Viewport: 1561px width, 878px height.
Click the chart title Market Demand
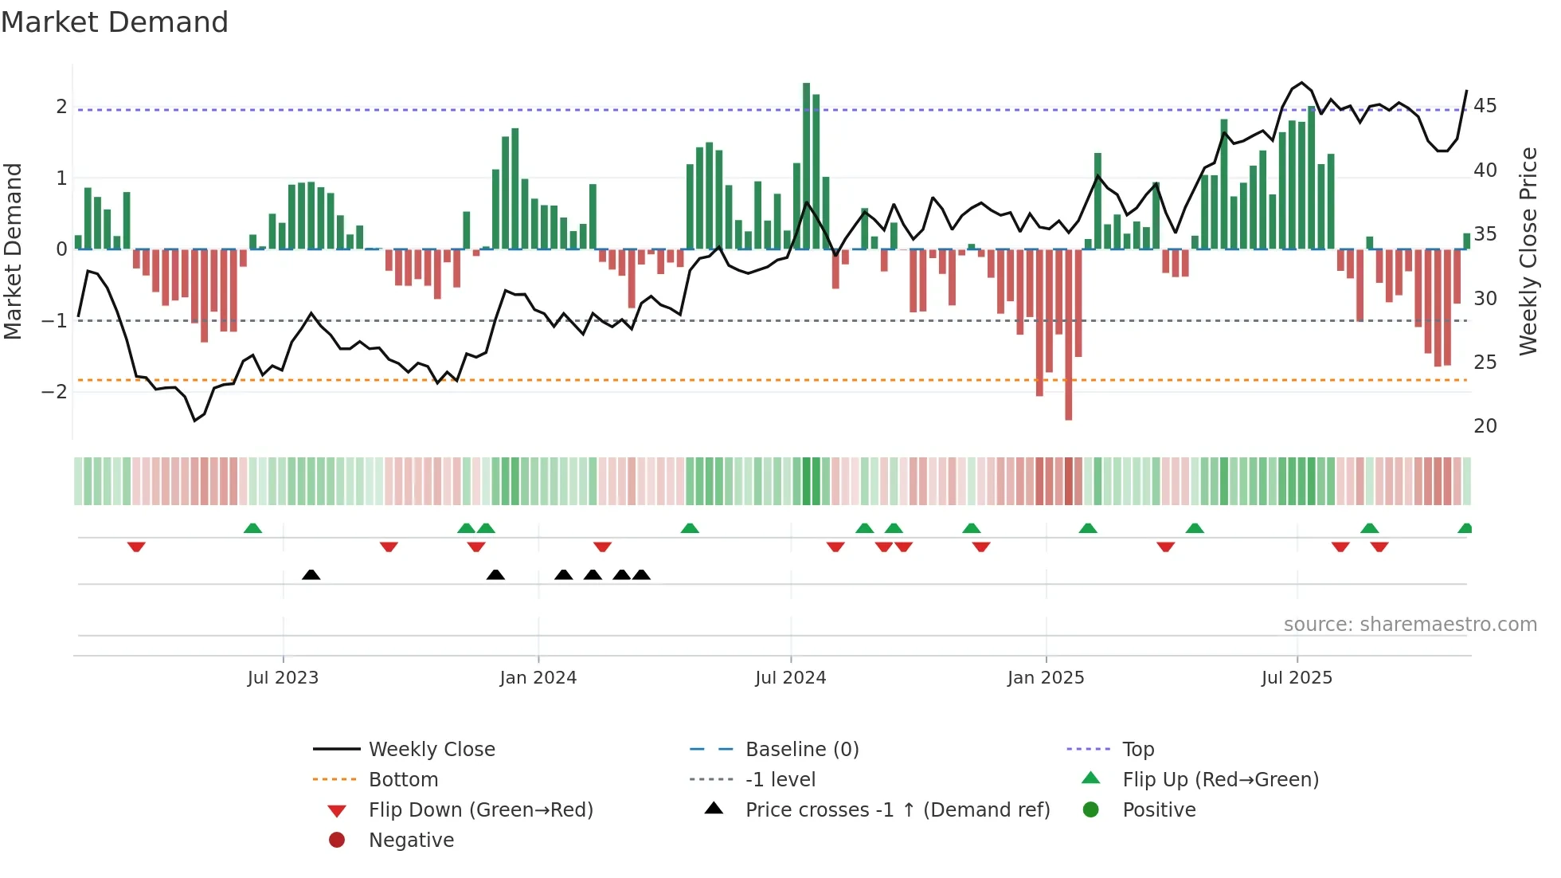[x=115, y=22]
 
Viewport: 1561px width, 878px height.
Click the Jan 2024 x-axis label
[x=538, y=678]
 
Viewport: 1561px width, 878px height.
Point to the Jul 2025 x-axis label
[x=1297, y=678]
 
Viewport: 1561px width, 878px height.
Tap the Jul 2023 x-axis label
[x=283, y=678]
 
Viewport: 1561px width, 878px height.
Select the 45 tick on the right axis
[x=1485, y=106]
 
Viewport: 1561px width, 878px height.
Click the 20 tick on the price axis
[x=1485, y=426]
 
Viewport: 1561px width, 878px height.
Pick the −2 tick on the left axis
[x=54, y=392]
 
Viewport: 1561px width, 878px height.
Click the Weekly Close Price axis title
[x=1528, y=251]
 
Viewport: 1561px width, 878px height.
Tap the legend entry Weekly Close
[x=431, y=750]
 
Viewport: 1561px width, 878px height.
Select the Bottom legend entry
[x=403, y=780]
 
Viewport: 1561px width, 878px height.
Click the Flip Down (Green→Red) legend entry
[x=480, y=810]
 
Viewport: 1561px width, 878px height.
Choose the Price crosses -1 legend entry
[x=897, y=810]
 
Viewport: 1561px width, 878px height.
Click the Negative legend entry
[x=411, y=841]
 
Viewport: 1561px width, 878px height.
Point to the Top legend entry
[x=1138, y=750]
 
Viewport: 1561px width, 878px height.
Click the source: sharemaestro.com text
[x=1410, y=625]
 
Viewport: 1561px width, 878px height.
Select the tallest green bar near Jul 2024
[x=806, y=166]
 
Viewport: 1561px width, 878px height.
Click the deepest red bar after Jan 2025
[x=1069, y=335]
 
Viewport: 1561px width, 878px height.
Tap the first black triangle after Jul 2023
[x=311, y=574]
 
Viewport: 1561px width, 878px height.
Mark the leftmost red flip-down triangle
[x=136, y=547]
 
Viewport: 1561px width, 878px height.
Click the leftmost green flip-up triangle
[x=252, y=528]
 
